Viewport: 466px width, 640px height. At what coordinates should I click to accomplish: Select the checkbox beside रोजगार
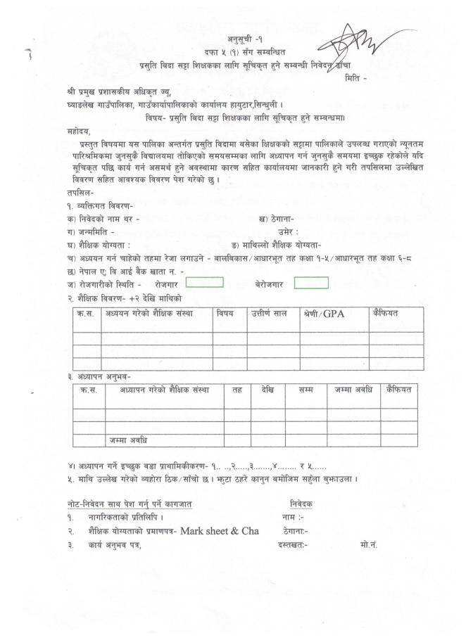point(205,283)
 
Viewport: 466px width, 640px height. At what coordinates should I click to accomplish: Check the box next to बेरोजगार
point(311,283)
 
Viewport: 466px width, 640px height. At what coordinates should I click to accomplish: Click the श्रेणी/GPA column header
point(324,314)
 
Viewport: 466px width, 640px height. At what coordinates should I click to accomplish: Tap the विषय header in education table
point(225,313)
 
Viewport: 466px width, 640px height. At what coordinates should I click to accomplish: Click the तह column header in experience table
point(237,389)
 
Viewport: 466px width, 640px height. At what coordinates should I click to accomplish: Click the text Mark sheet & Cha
point(218,531)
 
